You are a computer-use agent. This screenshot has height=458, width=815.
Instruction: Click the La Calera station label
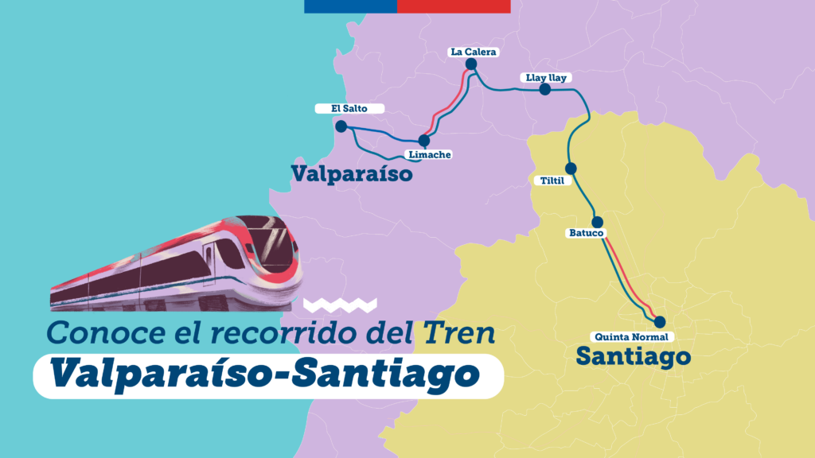pos(473,52)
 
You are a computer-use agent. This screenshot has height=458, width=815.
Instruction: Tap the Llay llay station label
pos(545,78)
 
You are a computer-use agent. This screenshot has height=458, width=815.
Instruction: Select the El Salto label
pos(349,109)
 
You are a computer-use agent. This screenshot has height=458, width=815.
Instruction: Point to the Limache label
pos(428,154)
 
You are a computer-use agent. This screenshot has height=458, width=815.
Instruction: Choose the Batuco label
pos(587,233)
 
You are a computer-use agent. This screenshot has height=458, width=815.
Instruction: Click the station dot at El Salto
pos(341,126)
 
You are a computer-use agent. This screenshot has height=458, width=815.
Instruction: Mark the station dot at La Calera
pos(471,64)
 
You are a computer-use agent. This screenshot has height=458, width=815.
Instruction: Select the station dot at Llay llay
pos(545,90)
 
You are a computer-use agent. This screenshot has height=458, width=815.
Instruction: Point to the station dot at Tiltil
pos(571,168)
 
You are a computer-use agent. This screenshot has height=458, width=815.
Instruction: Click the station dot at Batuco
pos(598,222)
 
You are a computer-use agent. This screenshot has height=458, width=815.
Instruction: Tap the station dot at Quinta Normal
pos(659,322)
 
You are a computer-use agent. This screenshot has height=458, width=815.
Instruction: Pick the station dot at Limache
pos(424,141)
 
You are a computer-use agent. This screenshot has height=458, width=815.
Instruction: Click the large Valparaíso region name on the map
pos(352,173)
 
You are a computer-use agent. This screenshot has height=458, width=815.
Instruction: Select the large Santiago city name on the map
pos(633,355)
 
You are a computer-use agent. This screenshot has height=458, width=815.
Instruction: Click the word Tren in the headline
pos(461,333)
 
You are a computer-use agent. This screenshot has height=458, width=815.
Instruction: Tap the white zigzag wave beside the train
pos(340,304)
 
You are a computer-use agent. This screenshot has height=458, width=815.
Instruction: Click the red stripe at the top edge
pos(454,6)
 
